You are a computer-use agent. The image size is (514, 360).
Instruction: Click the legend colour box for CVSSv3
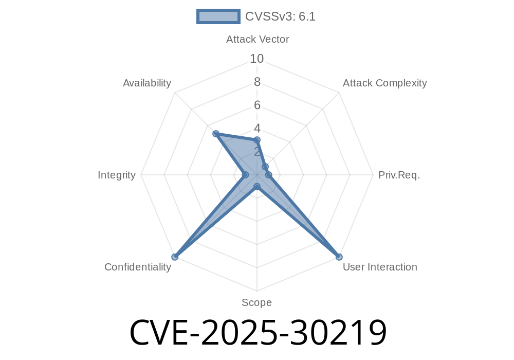[x=218, y=16]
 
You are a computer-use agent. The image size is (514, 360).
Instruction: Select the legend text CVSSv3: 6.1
[x=280, y=16]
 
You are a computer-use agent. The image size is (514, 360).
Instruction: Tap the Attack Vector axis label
[x=258, y=40]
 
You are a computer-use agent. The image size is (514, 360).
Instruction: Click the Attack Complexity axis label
[x=385, y=83]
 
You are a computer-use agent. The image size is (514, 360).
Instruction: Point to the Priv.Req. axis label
[x=399, y=175]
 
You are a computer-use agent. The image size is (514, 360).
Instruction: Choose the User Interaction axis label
[x=380, y=267]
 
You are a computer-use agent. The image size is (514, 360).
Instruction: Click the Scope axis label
[x=256, y=302]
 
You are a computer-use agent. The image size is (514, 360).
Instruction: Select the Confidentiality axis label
[x=138, y=267]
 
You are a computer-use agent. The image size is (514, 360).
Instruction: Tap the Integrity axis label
[x=116, y=175]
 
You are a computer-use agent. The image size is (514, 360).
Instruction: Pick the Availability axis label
[x=147, y=83]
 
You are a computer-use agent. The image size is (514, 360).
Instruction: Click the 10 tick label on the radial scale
[x=256, y=59]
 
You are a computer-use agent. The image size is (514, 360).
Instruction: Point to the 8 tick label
[x=257, y=82]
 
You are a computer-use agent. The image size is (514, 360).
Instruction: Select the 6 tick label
[x=257, y=105]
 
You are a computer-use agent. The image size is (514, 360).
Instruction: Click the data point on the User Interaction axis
[x=339, y=257]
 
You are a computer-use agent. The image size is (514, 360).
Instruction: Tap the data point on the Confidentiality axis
[x=175, y=257]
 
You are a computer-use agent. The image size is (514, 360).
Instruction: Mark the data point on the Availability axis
[x=216, y=133]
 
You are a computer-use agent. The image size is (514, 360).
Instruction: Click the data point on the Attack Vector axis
[x=257, y=140]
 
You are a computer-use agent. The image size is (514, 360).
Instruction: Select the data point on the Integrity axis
[x=245, y=175]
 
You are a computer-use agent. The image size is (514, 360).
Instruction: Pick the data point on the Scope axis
[x=257, y=187]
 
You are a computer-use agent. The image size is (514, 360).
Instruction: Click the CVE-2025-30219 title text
[x=259, y=332]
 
